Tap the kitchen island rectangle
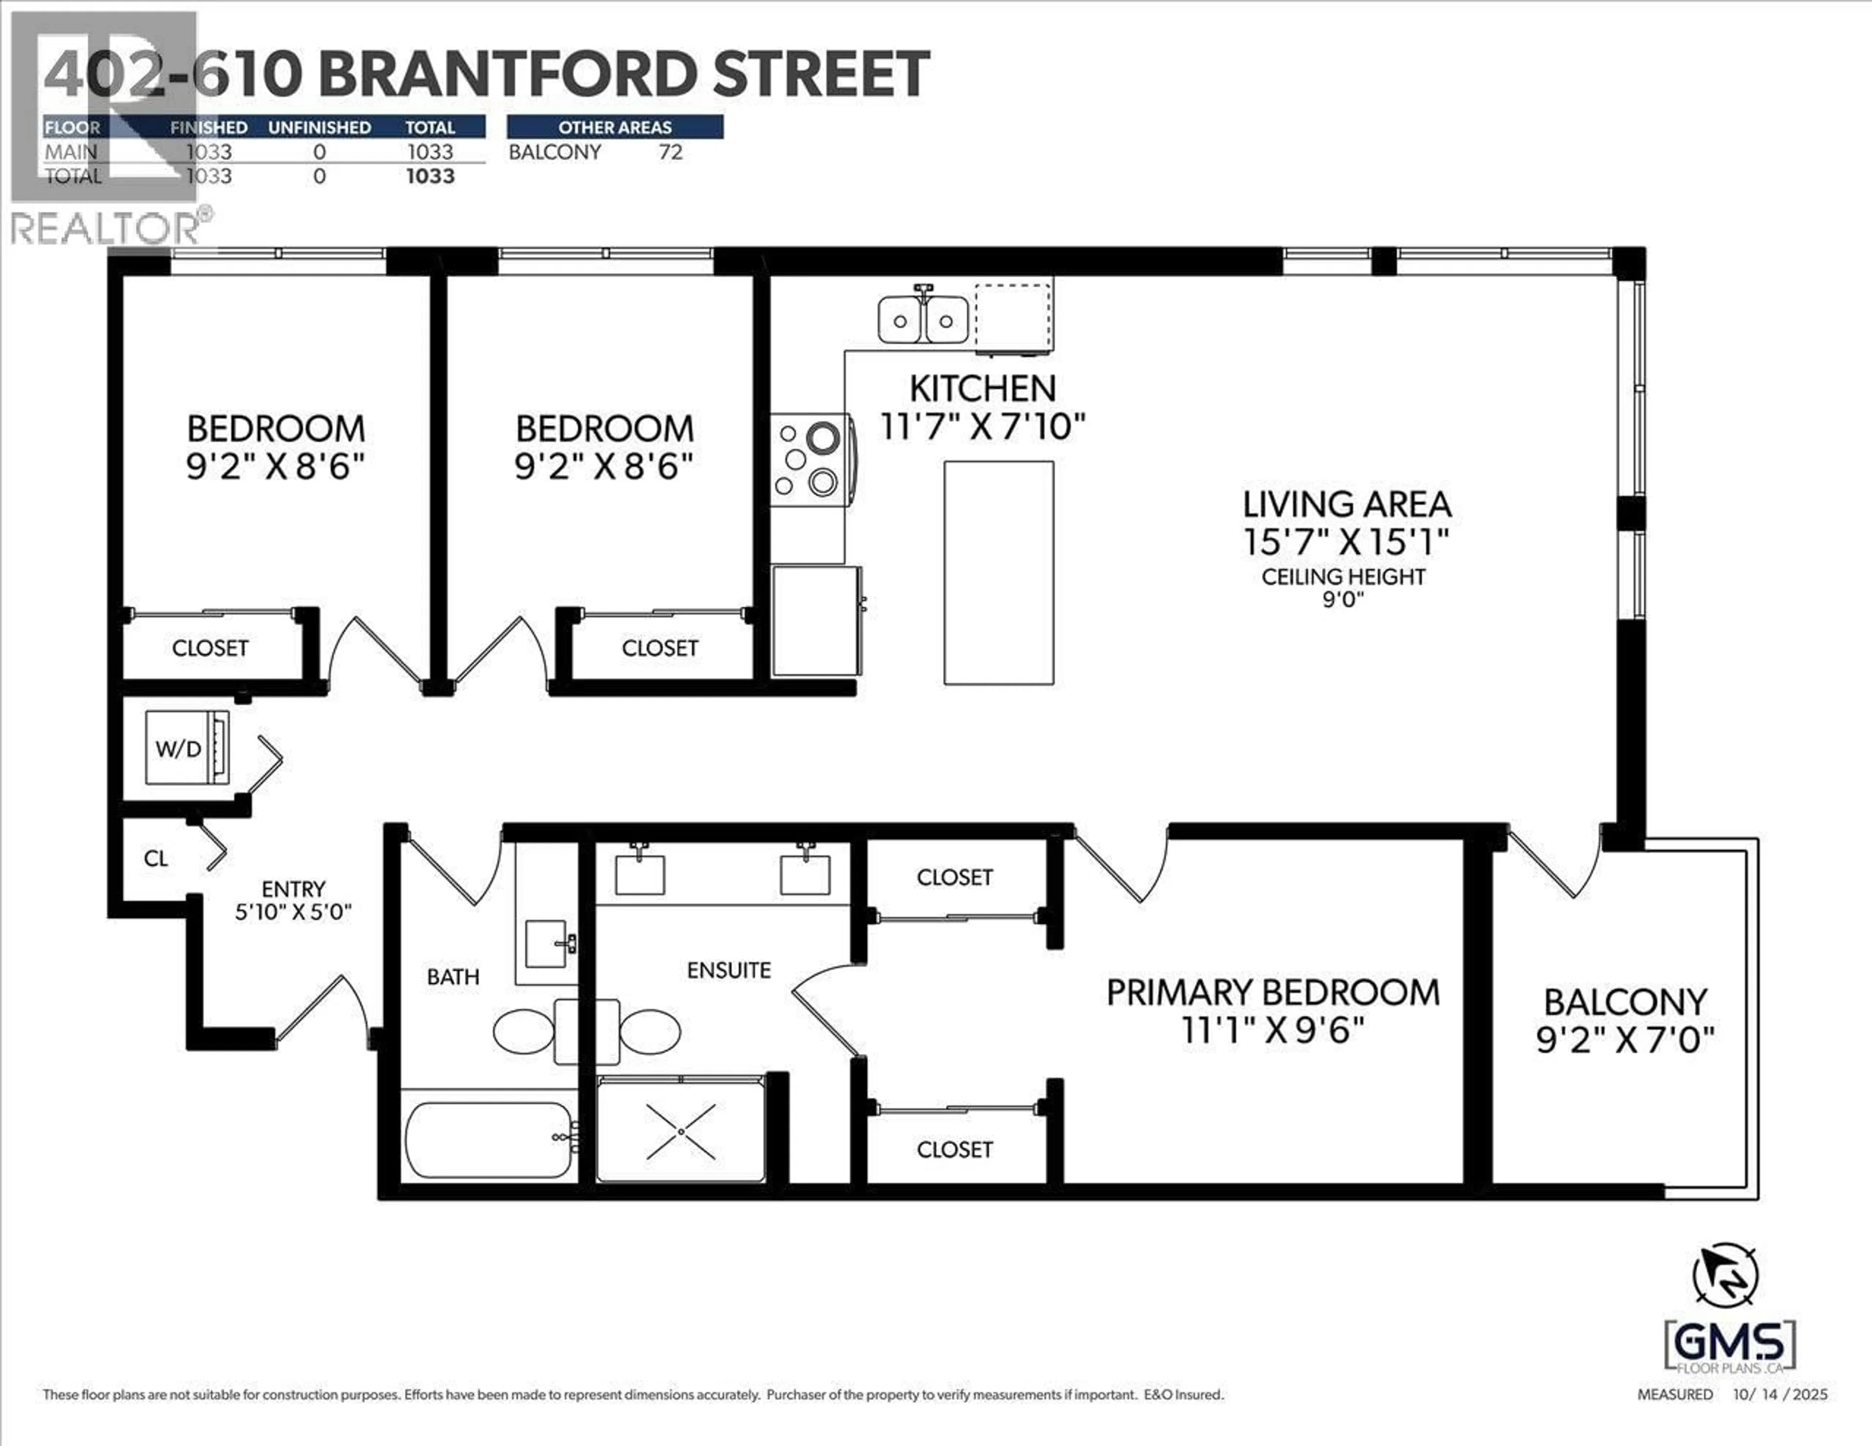point(998,573)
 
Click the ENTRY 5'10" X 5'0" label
point(293,900)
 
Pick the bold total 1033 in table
point(430,176)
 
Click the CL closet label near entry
point(156,858)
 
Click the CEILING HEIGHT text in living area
point(1343,577)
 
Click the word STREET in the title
point(821,74)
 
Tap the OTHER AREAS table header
point(615,127)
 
